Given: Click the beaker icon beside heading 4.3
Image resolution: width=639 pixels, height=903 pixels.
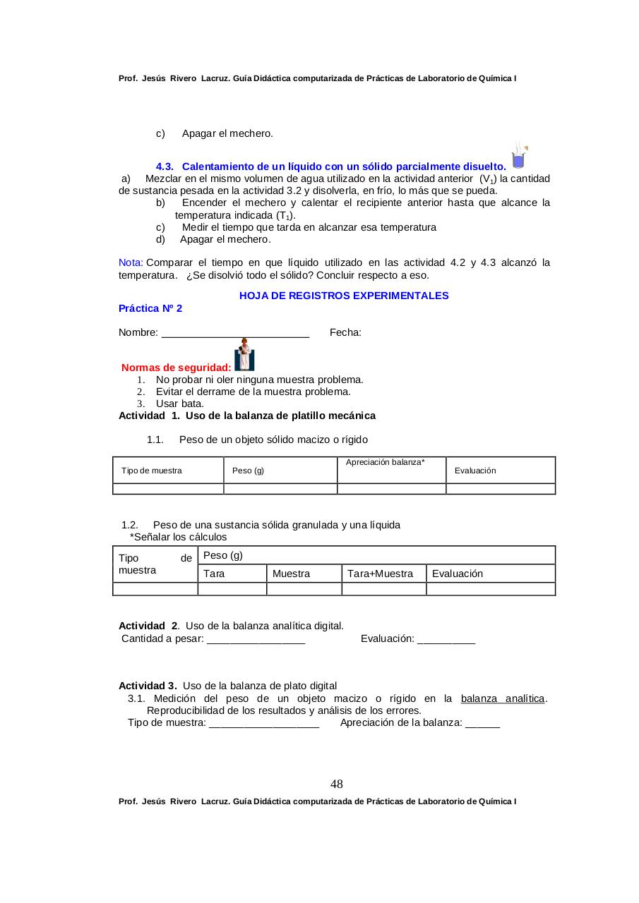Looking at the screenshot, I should [520, 157].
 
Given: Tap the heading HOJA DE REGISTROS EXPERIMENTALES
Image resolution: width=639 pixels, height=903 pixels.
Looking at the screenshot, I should [344, 296].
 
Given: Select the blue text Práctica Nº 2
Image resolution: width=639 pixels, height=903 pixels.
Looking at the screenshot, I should [150, 308].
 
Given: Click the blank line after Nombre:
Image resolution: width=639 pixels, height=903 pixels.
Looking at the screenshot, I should [235, 333].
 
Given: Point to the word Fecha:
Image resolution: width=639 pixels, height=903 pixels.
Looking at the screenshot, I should [345, 332].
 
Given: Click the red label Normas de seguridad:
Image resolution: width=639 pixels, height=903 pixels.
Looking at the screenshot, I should [176, 368].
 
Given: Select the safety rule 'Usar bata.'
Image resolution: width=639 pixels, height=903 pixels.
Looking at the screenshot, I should [179, 404].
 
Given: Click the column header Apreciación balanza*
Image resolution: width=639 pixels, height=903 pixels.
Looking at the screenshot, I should [385, 461].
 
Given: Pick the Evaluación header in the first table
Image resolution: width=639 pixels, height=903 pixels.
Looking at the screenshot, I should [474, 471].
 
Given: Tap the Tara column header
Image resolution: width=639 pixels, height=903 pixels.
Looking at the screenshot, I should [214, 574].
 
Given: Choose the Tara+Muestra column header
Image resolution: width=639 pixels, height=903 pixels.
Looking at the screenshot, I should [380, 574].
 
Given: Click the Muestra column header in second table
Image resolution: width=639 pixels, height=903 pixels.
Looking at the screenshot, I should [291, 574].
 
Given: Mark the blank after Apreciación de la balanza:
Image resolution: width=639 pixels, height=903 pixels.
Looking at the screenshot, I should [483, 722].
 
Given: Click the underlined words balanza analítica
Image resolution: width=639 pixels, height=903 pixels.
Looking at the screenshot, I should [503, 698].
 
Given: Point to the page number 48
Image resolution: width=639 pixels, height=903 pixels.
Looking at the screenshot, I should [337, 784].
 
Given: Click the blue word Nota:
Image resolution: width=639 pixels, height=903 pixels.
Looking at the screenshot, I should [131, 263].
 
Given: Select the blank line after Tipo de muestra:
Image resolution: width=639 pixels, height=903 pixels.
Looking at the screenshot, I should [264, 722].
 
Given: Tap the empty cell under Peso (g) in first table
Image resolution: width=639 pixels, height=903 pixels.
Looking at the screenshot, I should [280, 489].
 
